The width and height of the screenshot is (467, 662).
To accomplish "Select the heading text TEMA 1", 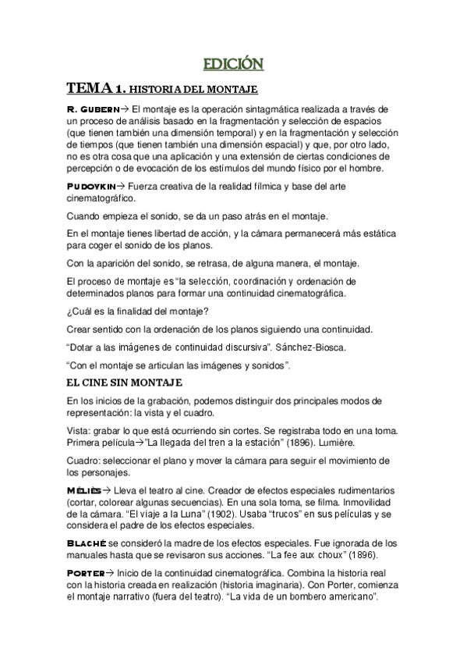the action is (94, 88).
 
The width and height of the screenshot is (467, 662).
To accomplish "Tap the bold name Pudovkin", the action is (91, 187).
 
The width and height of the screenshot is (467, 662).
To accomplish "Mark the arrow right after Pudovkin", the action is (121, 187).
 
